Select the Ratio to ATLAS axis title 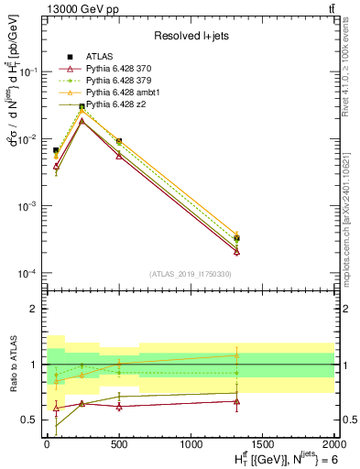(x=12, y=364)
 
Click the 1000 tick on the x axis (x=191, y=444)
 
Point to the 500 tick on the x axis (x=118, y=444)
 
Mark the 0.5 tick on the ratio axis (x=33, y=420)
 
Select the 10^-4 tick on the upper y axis (x=30, y=274)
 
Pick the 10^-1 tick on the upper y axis (x=30, y=71)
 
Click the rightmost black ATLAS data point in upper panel (x=237, y=238)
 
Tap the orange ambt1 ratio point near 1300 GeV (x=237, y=355)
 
